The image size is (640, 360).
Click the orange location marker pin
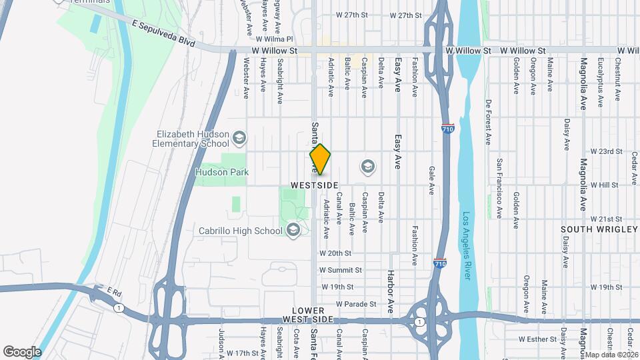(x=320, y=159)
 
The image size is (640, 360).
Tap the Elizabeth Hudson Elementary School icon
(x=240, y=139)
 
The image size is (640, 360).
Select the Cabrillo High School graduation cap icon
(x=292, y=231)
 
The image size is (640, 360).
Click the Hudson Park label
(x=221, y=172)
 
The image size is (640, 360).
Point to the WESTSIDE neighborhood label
(x=315, y=185)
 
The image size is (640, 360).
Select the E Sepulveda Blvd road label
(x=163, y=33)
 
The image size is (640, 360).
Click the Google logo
(x=22, y=351)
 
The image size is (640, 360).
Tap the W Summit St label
(x=340, y=270)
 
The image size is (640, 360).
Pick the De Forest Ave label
(x=489, y=123)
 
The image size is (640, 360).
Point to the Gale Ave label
(x=431, y=180)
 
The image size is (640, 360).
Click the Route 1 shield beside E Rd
(x=119, y=307)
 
